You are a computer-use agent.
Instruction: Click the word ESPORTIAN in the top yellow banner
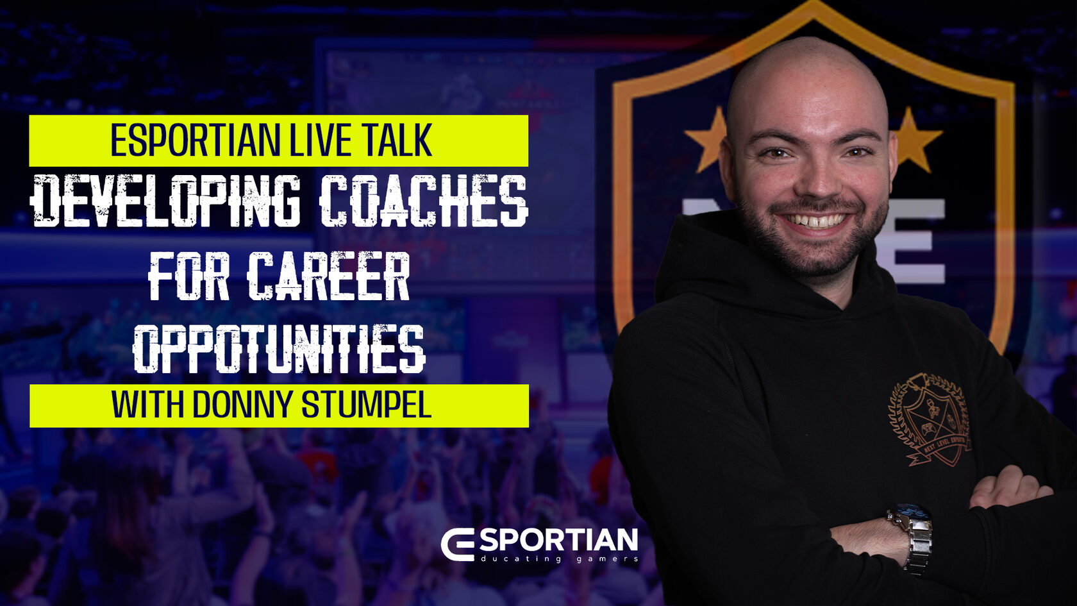(195, 140)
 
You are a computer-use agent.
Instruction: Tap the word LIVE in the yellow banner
(318, 140)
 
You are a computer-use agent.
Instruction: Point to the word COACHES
(424, 201)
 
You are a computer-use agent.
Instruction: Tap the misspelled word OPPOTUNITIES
(279, 349)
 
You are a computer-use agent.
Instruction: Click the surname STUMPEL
(367, 405)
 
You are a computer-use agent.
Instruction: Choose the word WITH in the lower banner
(147, 405)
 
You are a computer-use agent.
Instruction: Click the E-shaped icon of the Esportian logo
(460, 545)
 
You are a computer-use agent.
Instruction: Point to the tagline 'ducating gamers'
(559, 559)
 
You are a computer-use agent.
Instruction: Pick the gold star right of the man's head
(917, 140)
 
